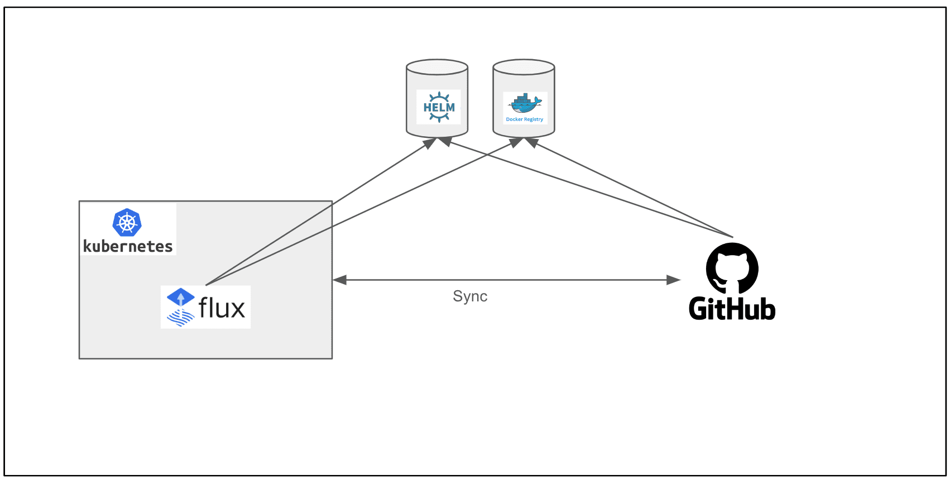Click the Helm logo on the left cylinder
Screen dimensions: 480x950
(x=439, y=107)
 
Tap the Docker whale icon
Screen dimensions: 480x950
(x=524, y=104)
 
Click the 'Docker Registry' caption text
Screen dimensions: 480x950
(x=524, y=119)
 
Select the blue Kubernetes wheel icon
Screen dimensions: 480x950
(x=127, y=223)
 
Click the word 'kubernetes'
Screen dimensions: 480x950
(x=128, y=246)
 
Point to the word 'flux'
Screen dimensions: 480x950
(x=222, y=308)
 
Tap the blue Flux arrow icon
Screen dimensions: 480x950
(x=180, y=297)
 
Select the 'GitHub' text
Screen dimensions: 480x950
(x=732, y=309)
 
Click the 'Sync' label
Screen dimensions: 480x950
(x=470, y=296)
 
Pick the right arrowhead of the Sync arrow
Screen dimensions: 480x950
(x=674, y=280)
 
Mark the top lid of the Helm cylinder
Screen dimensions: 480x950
(x=437, y=67)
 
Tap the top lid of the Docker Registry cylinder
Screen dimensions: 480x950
(x=524, y=67)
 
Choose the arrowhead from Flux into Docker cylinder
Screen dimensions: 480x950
(x=516, y=143)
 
